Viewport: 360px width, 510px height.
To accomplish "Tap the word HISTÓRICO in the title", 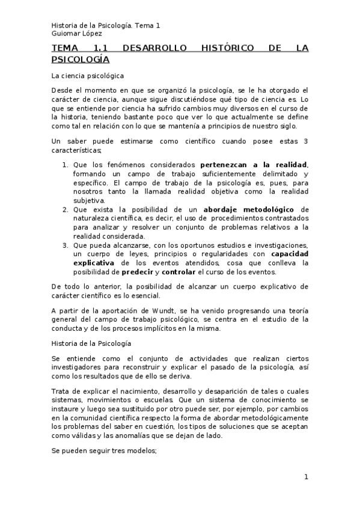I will [228, 49].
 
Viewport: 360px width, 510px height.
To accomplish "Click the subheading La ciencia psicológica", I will [87, 76].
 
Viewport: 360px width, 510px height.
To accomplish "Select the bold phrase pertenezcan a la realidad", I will [253, 164].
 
